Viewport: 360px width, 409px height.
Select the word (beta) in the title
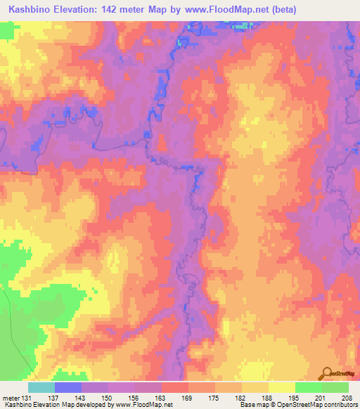[x=281, y=10]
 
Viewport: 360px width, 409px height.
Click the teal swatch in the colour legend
[x=41, y=387]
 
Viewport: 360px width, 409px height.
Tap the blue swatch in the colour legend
[x=67, y=387]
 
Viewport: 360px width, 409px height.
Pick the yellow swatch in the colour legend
[x=281, y=387]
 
